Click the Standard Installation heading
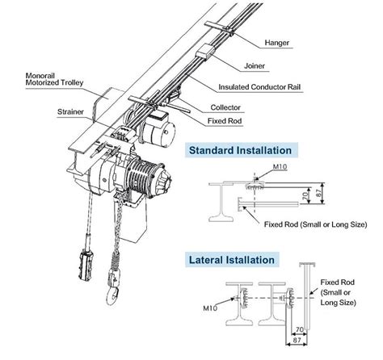[242, 150]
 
